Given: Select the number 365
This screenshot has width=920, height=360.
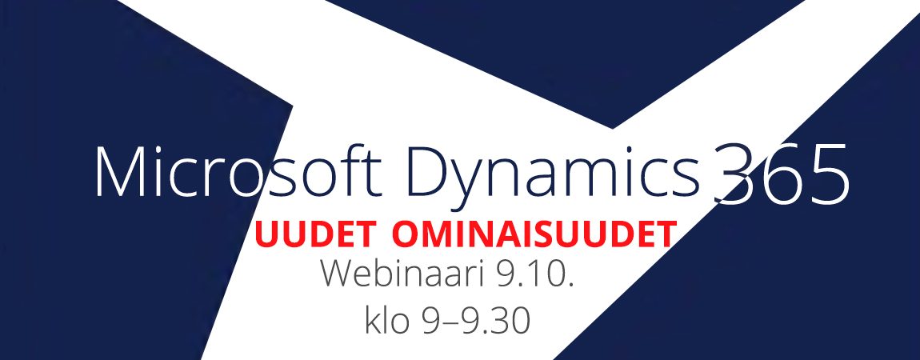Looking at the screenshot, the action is click(x=781, y=174).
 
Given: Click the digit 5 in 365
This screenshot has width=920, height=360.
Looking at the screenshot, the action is click(x=828, y=174).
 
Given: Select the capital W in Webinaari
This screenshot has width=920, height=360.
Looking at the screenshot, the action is click(x=342, y=274).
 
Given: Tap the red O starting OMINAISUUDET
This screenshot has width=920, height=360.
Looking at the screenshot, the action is click(x=406, y=234).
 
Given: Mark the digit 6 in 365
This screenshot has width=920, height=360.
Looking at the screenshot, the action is click(x=780, y=174).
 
